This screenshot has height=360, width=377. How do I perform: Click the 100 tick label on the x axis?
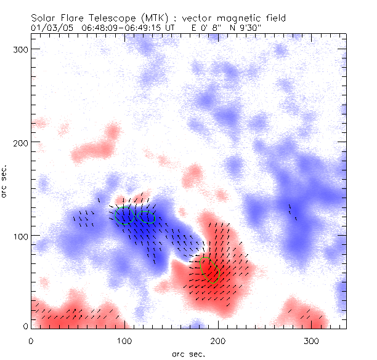pyautogui.click(x=124, y=340)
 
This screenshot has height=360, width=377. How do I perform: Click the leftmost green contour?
pyautogui.click(x=125, y=215)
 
